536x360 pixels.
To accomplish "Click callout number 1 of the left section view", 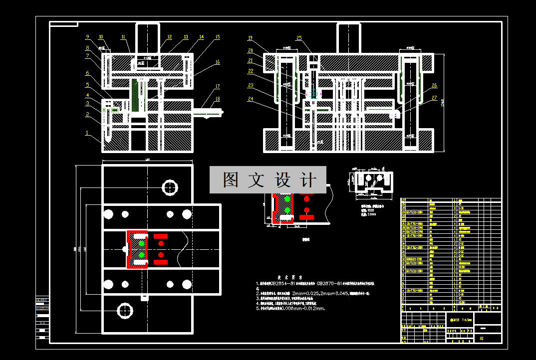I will pyautogui.click(x=87, y=133).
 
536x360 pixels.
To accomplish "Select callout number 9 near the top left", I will pyautogui.click(x=87, y=36).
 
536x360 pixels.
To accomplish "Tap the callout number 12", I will pyautogui.click(x=170, y=37).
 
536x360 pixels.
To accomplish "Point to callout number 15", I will pyautogui.click(x=217, y=37).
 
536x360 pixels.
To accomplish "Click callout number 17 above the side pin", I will pyautogui.click(x=218, y=86).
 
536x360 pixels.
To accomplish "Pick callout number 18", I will pyautogui.click(x=218, y=99).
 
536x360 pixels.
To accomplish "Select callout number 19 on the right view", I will pyautogui.click(x=250, y=38).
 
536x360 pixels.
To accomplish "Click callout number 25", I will pyautogui.click(x=299, y=38).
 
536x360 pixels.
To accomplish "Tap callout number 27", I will pyautogui.click(x=434, y=98).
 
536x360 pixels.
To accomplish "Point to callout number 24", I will pyautogui.click(x=250, y=99).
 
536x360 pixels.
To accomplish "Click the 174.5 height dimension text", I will pyautogui.click(x=442, y=103).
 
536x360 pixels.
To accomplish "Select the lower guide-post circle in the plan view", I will pyautogui.click(x=124, y=311).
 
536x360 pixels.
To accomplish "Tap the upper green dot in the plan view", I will pyautogui.click(x=142, y=243).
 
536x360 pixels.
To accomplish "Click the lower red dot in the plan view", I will pyautogui.click(x=161, y=256).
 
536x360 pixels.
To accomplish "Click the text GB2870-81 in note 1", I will pyautogui.click(x=333, y=283).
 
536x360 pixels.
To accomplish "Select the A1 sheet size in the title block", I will pyautogui.click(x=482, y=339).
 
